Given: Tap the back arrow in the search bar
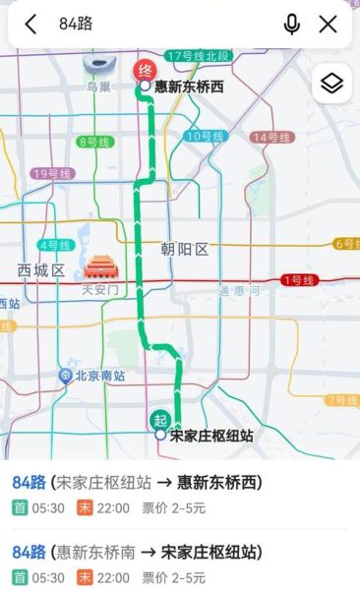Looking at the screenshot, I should [31, 25].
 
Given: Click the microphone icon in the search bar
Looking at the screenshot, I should [291, 25].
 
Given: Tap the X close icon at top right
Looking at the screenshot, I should [328, 25].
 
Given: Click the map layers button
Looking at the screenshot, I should [331, 84].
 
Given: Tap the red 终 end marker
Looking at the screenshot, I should [144, 70].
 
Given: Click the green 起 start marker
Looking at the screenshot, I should [160, 419].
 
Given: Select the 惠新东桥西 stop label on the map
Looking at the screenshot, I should [189, 88].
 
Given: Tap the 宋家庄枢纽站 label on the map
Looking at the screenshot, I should [211, 435].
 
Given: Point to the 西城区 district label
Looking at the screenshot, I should [40, 270].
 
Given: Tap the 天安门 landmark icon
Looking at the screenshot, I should [99, 267].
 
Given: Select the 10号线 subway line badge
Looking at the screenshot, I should [205, 136].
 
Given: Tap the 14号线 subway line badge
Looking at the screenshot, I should [271, 137].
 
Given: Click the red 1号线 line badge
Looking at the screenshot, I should [296, 280].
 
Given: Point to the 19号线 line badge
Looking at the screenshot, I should [51, 174].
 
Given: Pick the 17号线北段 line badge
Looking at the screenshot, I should [198, 55].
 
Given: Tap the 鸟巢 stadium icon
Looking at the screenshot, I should [98, 66].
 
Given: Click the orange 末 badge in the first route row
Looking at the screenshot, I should [86, 508].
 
